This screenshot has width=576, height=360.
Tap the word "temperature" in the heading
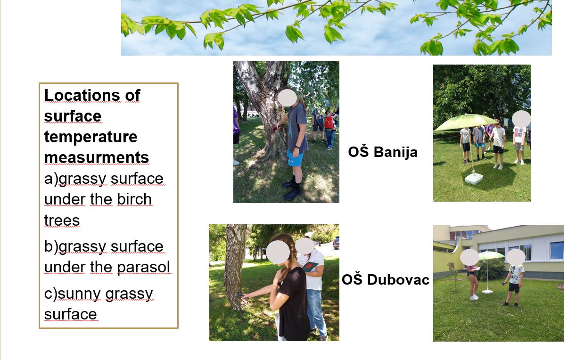point(91,137)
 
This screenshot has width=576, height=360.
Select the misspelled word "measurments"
point(97,157)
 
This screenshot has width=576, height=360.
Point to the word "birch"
point(134,199)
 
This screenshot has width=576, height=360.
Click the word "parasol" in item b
point(143,267)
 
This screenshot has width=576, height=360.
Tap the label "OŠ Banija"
point(383,152)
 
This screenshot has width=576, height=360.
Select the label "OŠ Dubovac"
point(386,279)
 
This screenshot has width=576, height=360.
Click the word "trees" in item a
point(62,221)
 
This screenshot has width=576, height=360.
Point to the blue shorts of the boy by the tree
point(295,158)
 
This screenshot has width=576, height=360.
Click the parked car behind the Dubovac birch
point(336,243)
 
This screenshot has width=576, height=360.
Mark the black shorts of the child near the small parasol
point(514,288)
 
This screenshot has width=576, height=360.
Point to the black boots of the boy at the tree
point(293,188)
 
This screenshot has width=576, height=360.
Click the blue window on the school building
point(557,250)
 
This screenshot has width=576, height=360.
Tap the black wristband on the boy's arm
point(297,147)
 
